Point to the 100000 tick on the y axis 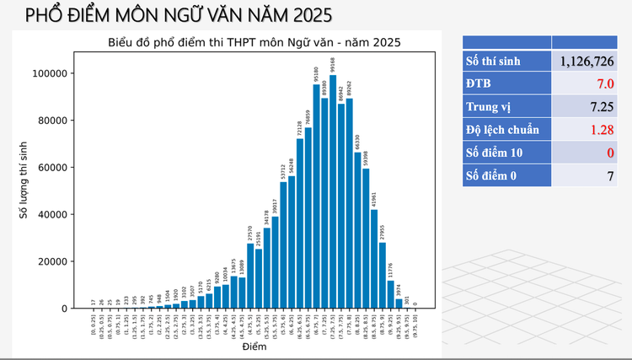pos(48,73)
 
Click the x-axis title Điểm pos(254,347)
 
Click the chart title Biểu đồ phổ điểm pos(254,41)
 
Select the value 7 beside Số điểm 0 pos(608,175)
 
